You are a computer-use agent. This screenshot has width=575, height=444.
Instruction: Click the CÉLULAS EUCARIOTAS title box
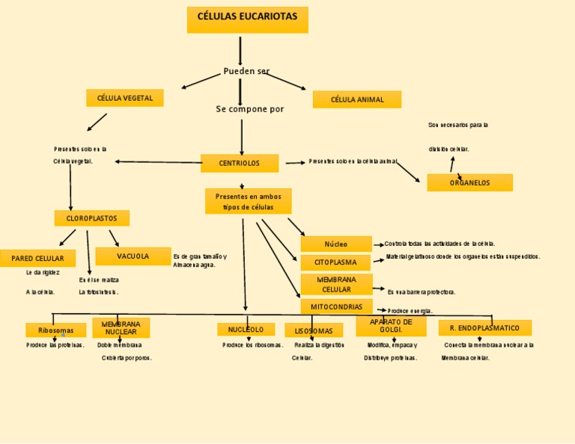point(247,19)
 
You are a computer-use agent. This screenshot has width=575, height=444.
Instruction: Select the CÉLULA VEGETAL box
point(124,98)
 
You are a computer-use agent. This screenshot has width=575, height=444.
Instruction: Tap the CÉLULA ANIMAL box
point(357,99)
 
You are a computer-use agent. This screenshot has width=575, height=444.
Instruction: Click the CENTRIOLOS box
point(240,163)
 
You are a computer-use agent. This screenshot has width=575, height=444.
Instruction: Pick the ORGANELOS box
point(469,182)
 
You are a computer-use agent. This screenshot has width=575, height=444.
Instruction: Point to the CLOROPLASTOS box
point(91,218)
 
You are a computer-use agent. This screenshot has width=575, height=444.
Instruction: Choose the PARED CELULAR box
point(37,259)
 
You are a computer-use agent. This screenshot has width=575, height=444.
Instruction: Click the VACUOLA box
point(133,256)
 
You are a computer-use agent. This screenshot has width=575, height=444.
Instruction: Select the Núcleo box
point(336,244)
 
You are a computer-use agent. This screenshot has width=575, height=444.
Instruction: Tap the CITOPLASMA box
point(335,262)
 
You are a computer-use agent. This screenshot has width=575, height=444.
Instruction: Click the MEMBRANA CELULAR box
point(336,284)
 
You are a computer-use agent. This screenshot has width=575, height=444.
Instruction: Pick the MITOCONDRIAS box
point(336,306)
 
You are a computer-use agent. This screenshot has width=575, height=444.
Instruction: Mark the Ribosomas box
point(55,330)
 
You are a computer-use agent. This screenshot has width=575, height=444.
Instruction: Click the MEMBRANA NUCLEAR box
point(121,327)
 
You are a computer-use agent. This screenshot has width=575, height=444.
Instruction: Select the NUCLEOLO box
point(246,329)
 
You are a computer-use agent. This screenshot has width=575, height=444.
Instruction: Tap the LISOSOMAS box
point(313,330)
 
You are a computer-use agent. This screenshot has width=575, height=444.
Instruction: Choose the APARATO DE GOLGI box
point(391,326)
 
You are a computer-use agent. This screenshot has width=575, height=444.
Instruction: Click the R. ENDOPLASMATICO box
point(484,327)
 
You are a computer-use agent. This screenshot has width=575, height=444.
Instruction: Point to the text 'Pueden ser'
point(246,71)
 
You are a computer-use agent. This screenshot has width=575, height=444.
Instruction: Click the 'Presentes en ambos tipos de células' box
point(248,201)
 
